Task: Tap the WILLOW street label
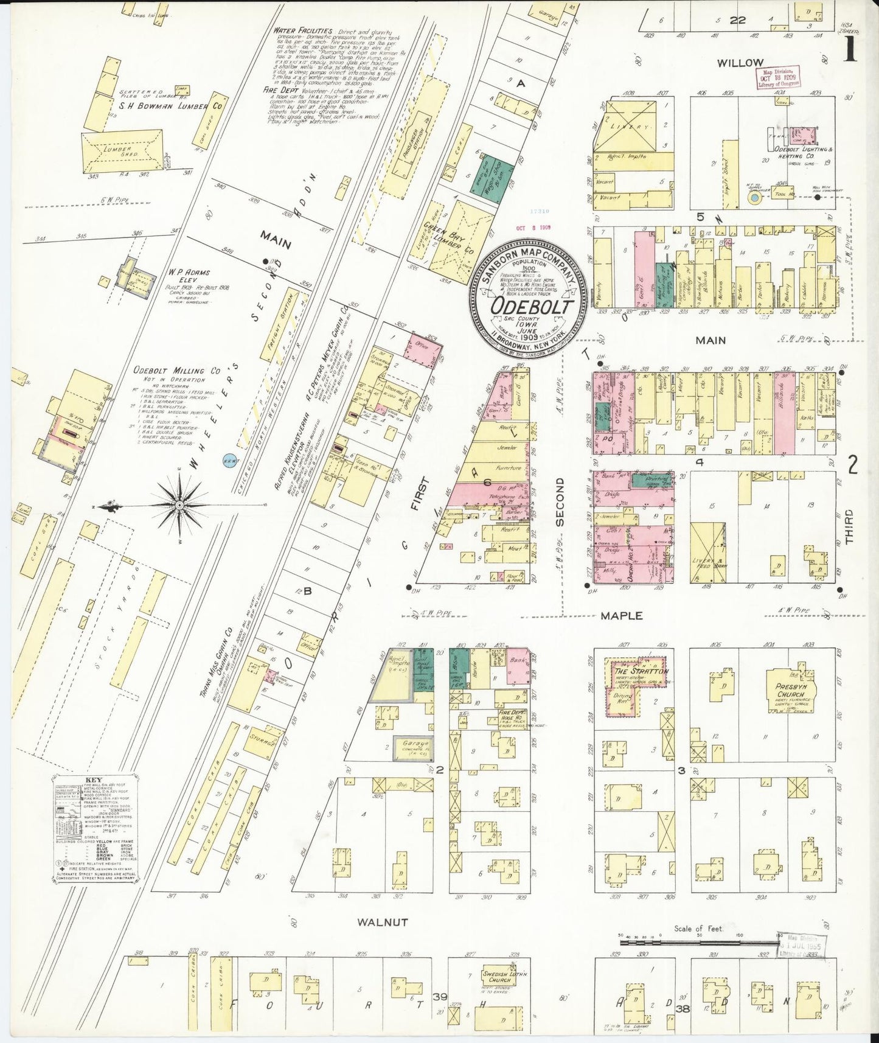pyautogui.click(x=739, y=62)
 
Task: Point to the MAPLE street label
pyautogui.click(x=621, y=615)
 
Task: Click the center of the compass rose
pyautogui.click(x=180, y=505)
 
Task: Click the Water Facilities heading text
pyautogui.click(x=302, y=30)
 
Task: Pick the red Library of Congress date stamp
pyautogui.click(x=779, y=78)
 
